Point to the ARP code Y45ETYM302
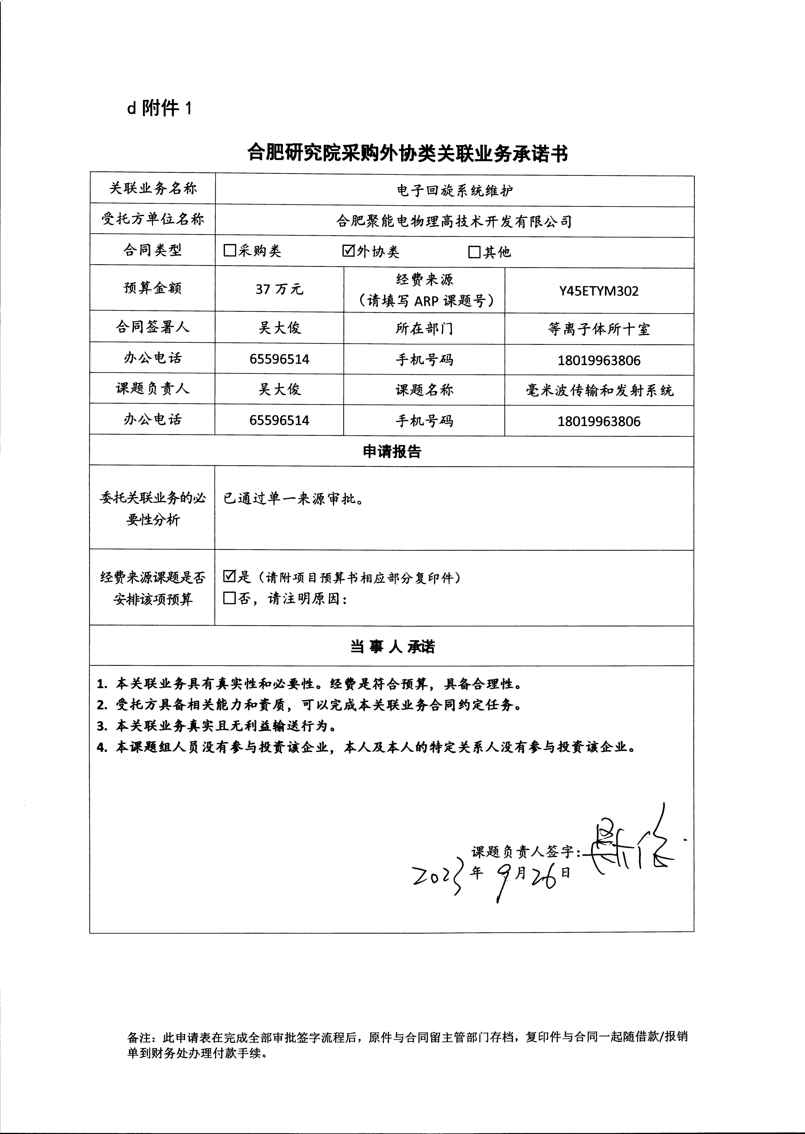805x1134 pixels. (599, 291)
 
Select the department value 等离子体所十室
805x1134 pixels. (599, 329)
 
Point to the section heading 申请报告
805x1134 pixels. (392, 451)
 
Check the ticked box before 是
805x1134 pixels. (229, 577)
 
